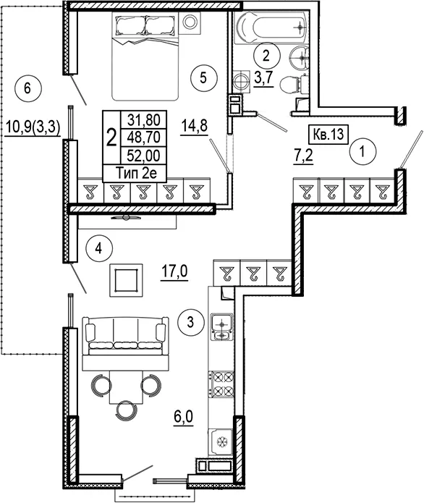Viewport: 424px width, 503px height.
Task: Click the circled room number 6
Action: click(27, 88)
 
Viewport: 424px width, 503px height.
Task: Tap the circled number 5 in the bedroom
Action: click(203, 77)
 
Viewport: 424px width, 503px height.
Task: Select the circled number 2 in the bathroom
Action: click(266, 56)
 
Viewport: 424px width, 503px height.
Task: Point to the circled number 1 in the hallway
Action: click(362, 151)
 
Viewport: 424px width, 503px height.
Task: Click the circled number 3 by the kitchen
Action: click(191, 322)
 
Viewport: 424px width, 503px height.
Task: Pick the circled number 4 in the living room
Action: click(99, 248)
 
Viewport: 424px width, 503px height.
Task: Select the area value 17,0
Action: click(174, 273)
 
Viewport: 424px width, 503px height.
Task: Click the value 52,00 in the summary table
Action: click(143, 156)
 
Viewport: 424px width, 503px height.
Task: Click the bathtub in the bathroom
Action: click(271, 28)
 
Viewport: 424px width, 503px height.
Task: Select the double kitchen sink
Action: click(221, 326)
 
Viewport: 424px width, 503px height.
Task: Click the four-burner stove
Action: click(221, 383)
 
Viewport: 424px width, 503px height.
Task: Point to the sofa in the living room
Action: click(125, 336)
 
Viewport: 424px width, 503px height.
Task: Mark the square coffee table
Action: click(126, 280)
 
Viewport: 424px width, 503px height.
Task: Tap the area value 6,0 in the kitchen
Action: click(184, 418)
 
